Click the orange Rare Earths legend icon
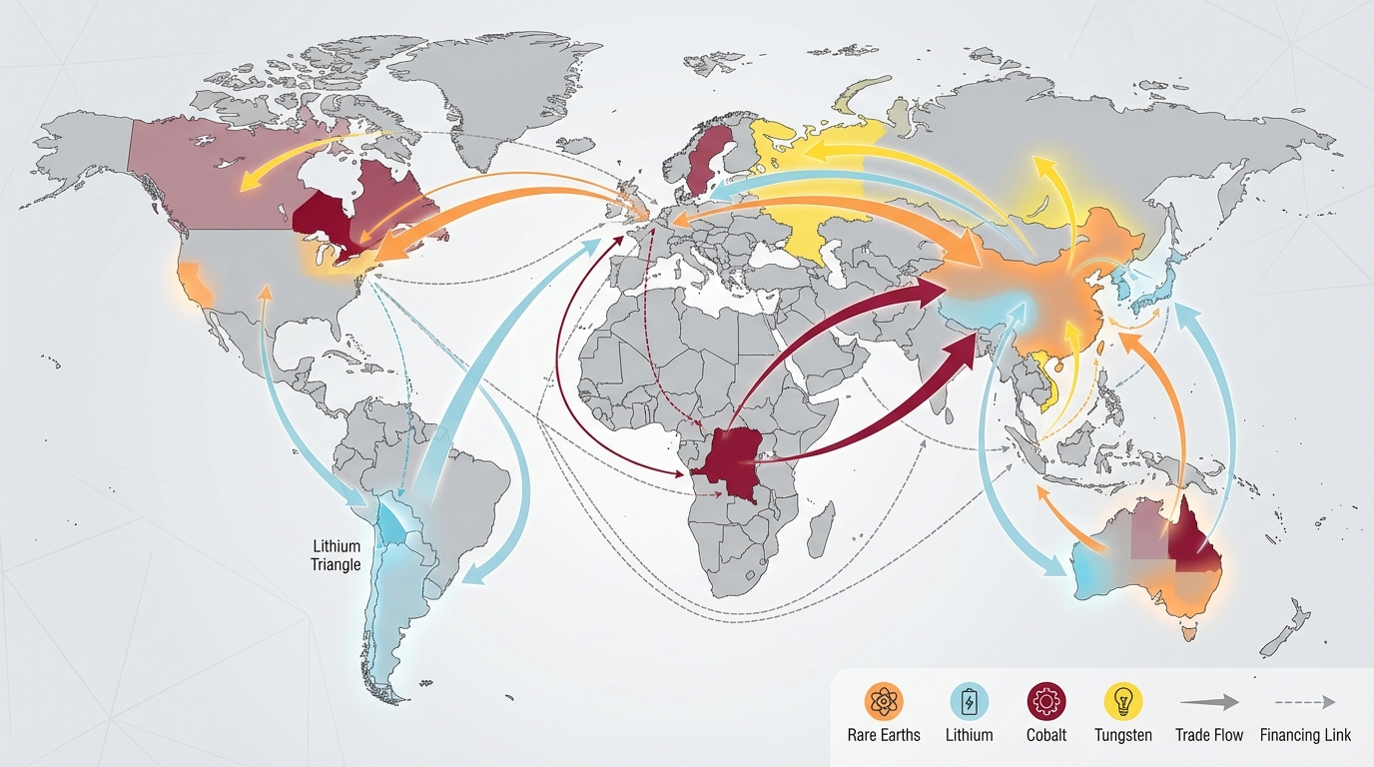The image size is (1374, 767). [885, 701]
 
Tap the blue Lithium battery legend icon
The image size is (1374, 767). [969, 701]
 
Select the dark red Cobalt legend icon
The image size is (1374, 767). [1046, 701]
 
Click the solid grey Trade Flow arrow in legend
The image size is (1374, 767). [1209, 702]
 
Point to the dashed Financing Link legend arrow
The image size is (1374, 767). [1305, 702]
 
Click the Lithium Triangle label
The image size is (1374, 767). [337, 556]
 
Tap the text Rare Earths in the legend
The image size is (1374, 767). [885, 735]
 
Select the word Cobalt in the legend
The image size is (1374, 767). [1046, 735]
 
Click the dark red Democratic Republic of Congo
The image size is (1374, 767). [734, 461]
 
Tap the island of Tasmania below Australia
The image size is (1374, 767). [1188, 632]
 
